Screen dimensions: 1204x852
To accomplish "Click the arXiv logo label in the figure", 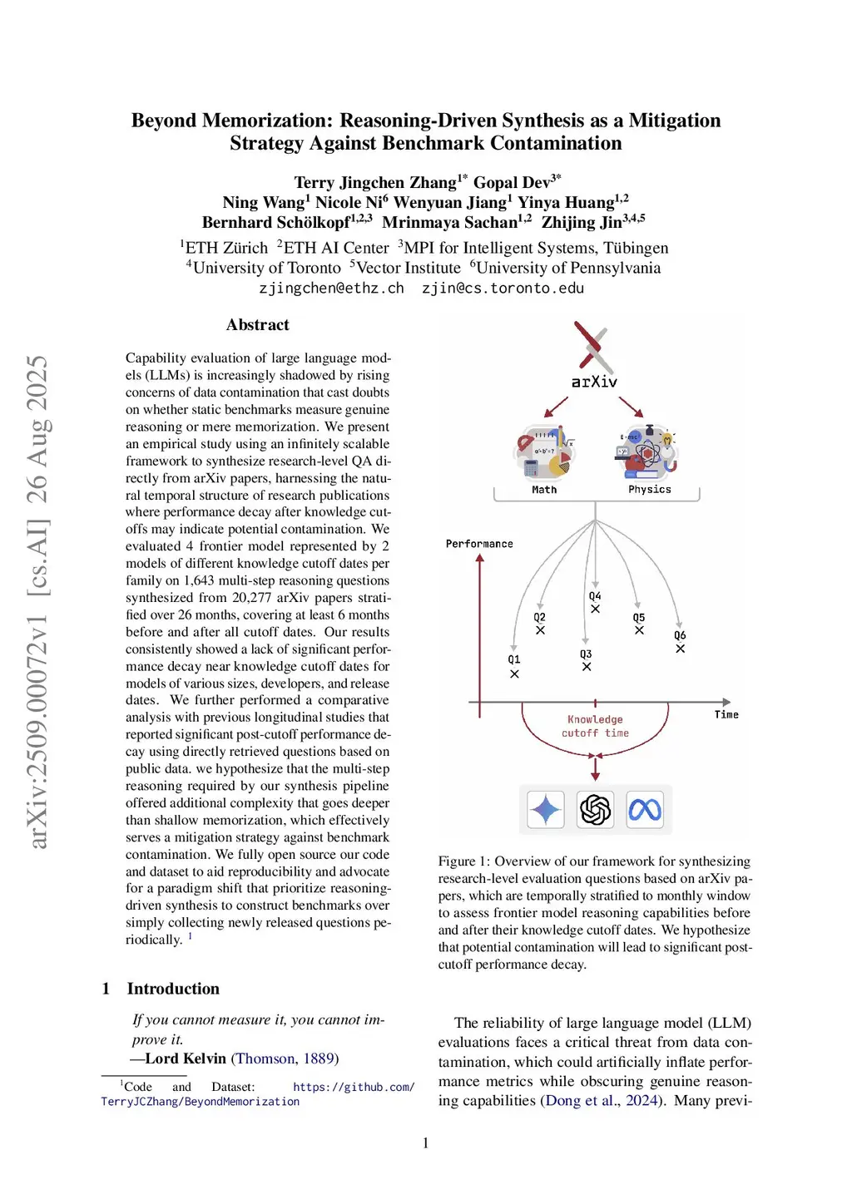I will click(594, 382).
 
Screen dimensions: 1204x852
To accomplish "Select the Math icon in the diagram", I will click(545, 453).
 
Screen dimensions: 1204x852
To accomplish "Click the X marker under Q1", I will click(514, 674).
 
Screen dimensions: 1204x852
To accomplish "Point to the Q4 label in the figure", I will click(595, 596).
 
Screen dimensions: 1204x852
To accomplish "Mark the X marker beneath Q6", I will click(680, 649).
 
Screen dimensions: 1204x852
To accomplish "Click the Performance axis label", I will click(479, 544).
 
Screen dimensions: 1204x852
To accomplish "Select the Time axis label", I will click(726, 714).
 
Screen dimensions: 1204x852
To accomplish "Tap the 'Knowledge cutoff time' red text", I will click(595, 726).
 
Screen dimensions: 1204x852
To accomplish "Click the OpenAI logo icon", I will click(595, 809).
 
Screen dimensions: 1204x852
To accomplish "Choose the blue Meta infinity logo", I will click(645, 809).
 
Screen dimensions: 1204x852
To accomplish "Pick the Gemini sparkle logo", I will click(546, 809).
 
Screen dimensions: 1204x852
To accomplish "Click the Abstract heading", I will click(258, 325).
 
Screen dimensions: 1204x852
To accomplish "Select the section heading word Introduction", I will click(173, 989).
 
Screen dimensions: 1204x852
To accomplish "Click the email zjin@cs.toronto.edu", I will click(503, 289).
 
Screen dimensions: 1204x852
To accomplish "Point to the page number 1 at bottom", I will click(426, 1143).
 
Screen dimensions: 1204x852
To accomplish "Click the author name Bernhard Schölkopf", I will click(275, 223).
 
